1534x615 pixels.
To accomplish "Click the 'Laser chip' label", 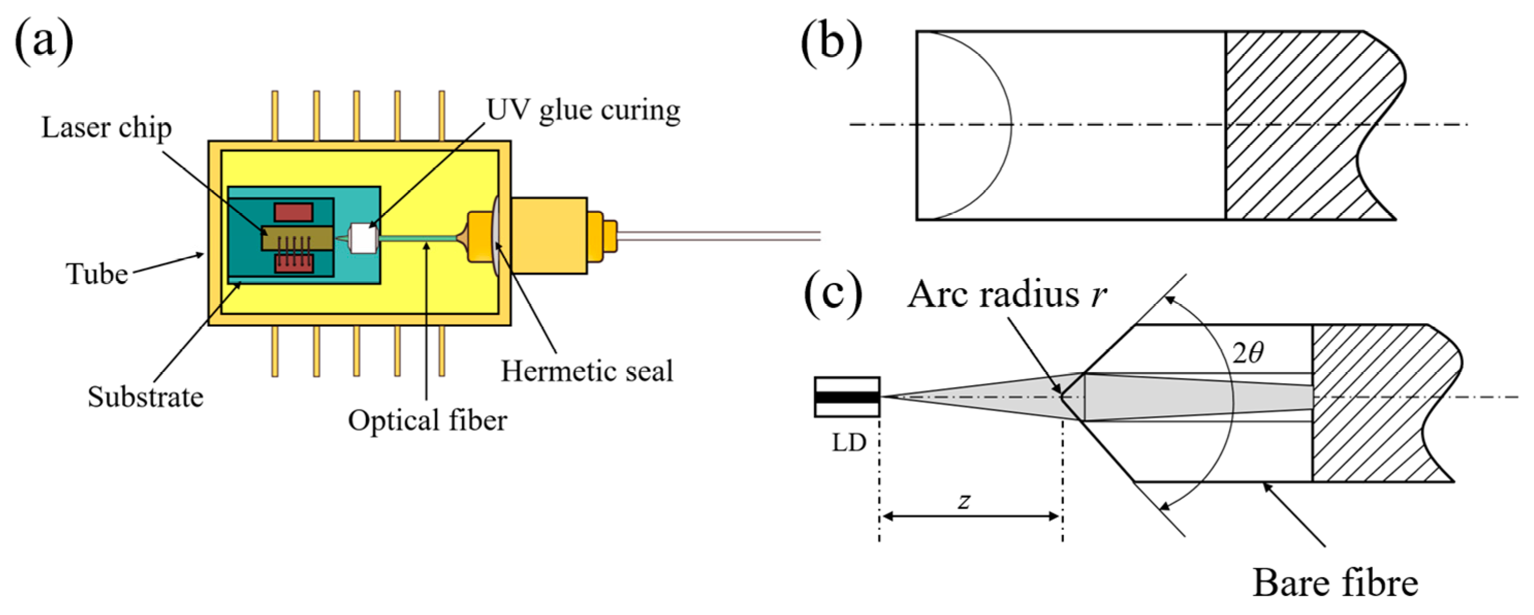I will pyautogui.click(x=106, y=128).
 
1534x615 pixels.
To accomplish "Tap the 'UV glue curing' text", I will pyautogui.click(x=583, y=111).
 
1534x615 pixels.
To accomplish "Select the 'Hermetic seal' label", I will pyautogui.click(x=587, y=371).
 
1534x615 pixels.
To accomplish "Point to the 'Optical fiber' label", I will pyautogui.click(x=428, y=421).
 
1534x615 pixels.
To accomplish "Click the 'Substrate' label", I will pyautogui.click(x=145, y=397).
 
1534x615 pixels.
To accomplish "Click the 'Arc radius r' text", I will pyautogui.click(x=1006, y=295).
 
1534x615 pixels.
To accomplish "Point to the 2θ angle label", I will pyautogui.click(x=1247, y=354).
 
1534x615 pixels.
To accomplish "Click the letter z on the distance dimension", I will pyautogui.click(x=964, y=501).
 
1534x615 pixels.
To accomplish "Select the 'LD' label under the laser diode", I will pyautogui.click(x=849, y=443).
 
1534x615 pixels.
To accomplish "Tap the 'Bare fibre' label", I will pyautogui.click(x=1335, y=584).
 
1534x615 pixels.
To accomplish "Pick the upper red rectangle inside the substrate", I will pyautogui.click(x=294, y=212).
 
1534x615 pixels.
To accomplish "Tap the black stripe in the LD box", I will pyautogui.click(x=847, y=397).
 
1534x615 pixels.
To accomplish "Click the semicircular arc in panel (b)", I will pyautogui.click(x=1010, y=125).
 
